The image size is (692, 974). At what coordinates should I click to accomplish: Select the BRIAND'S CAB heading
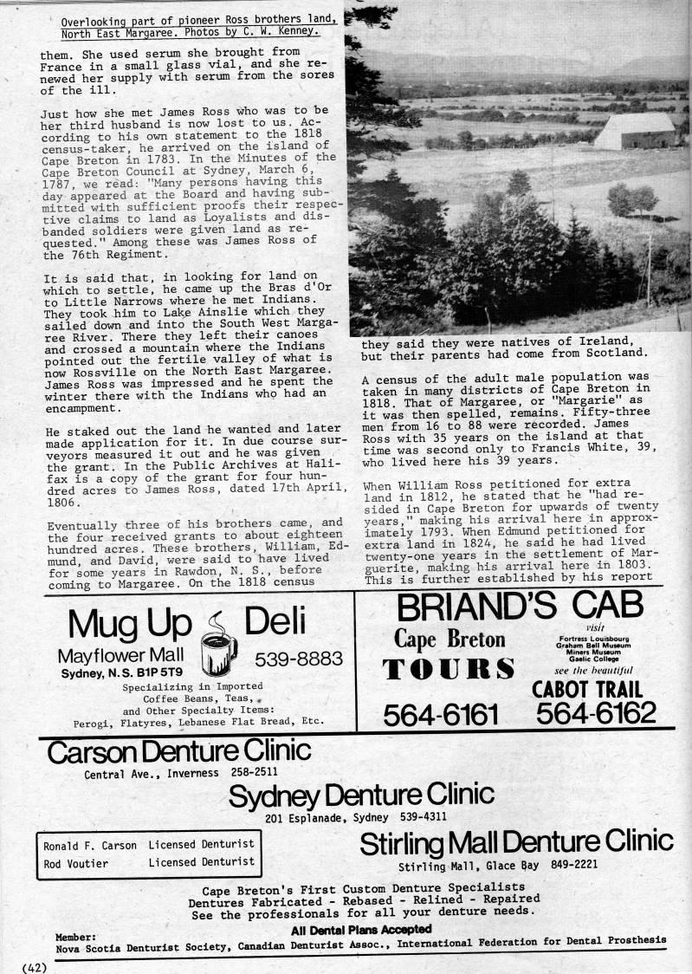[518, 606]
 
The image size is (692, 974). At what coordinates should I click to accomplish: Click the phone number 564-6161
[441, 714]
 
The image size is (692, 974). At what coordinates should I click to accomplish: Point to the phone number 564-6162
[595, 713]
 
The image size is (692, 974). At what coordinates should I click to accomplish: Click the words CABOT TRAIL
[587, 689]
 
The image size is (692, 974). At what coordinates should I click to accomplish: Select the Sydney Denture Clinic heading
[361, 794]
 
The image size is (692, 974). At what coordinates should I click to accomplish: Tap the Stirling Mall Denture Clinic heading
[515, 841]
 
